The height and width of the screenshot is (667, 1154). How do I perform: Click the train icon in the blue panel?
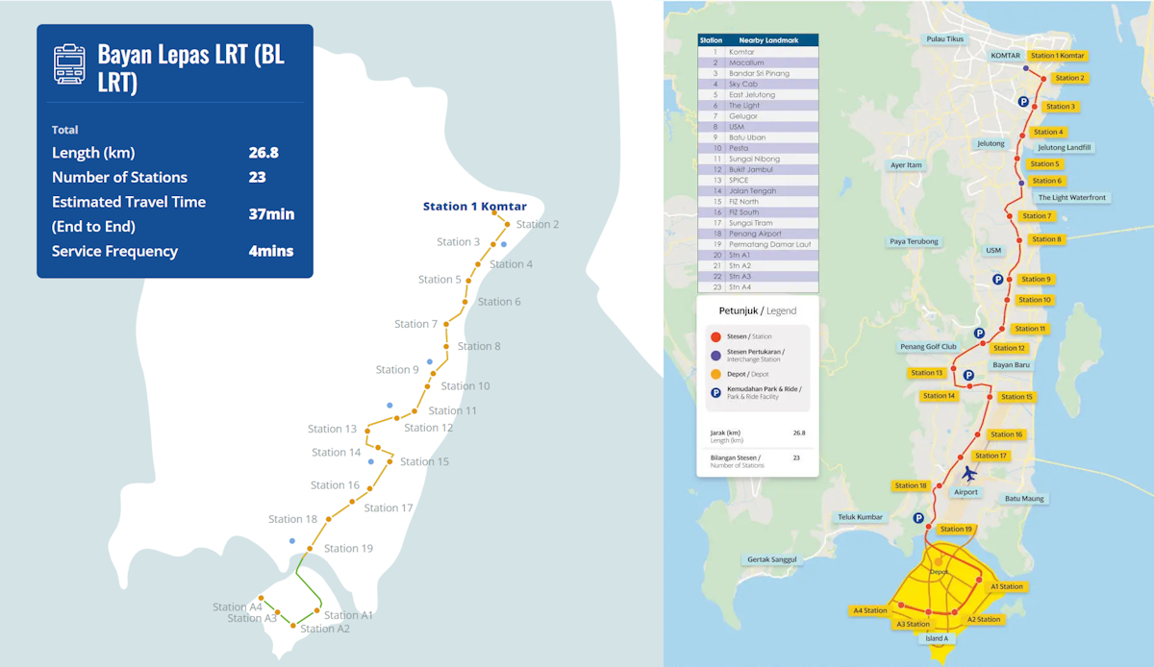pos(70,64)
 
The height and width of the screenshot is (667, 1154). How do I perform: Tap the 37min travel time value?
pos(271,214)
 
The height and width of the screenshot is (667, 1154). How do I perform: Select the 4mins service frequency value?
pos(271,252)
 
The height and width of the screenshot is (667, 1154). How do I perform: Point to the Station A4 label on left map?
pos(238,606)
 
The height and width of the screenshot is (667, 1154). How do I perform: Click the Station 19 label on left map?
pos(348,549)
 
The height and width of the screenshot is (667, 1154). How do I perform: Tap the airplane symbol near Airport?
pos(969,474)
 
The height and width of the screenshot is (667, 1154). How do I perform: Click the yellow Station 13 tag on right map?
pos(927,373)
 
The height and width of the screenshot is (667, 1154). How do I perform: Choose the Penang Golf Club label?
pos(928,347)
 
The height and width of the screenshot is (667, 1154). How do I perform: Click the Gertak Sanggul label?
pos(772,559)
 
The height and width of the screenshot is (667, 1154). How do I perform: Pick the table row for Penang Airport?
pos(758,234)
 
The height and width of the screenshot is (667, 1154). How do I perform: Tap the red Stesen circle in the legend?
pos(715,336)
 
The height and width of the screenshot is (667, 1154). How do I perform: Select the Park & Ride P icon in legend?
pos(715,392)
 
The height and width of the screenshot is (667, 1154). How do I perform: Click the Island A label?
pos(937,638)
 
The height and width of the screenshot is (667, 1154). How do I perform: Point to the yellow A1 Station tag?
pos(1006,586)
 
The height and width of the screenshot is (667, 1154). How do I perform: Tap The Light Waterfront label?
pos(1072,198)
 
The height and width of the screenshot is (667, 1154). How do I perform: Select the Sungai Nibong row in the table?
pos(758,159)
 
